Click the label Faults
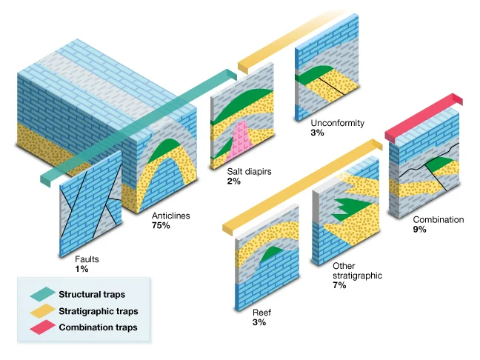tap(87, 260)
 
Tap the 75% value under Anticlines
tap(161, 225)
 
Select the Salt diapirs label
tap(250, 171)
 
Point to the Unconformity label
tap(338, 123)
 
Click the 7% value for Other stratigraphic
tap(339, 285)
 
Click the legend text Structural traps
tap(90, 295)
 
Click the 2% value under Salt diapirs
tap(234, 181)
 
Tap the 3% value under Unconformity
tap(318, 133)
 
